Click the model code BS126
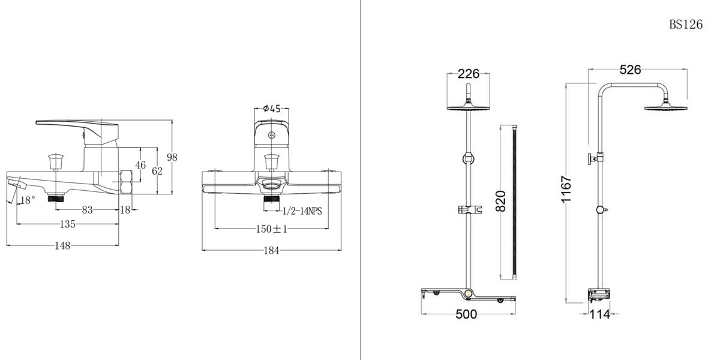685,25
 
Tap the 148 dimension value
62,245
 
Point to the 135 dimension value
67,224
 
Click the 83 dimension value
86,209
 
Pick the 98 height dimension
172,157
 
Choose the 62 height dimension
157,171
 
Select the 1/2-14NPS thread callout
302,211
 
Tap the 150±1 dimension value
272,229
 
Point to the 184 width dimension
272,251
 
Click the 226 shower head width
469,74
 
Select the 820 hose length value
502,201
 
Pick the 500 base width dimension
466,314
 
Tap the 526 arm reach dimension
630,70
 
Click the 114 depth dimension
599,314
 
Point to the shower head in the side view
665,107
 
